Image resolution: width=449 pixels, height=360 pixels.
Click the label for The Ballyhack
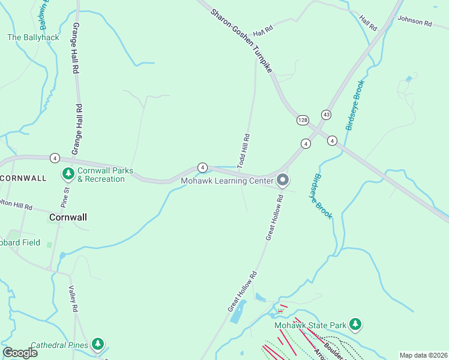(x=33, y=37)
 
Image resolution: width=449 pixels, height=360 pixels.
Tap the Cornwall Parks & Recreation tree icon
(x=68, y=175)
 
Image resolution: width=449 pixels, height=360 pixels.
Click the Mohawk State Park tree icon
(x=356, y=325)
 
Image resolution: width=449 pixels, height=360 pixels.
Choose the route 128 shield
(x=303, y=121)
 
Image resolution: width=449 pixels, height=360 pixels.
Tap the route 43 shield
(x=326, y=114)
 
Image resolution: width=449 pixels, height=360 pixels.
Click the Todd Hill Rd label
(x=243, y=151)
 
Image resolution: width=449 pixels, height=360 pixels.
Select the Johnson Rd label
(x=415, y=23)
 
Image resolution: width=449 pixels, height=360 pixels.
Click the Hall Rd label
(x=368, y=23)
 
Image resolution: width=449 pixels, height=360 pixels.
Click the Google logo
(x=20, y=353)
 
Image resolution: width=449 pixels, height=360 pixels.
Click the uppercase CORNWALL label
(x=23, y=178)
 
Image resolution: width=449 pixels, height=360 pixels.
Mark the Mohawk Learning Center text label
(x=227, y=180)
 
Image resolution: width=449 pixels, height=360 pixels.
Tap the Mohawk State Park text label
(x=310, y=325)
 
